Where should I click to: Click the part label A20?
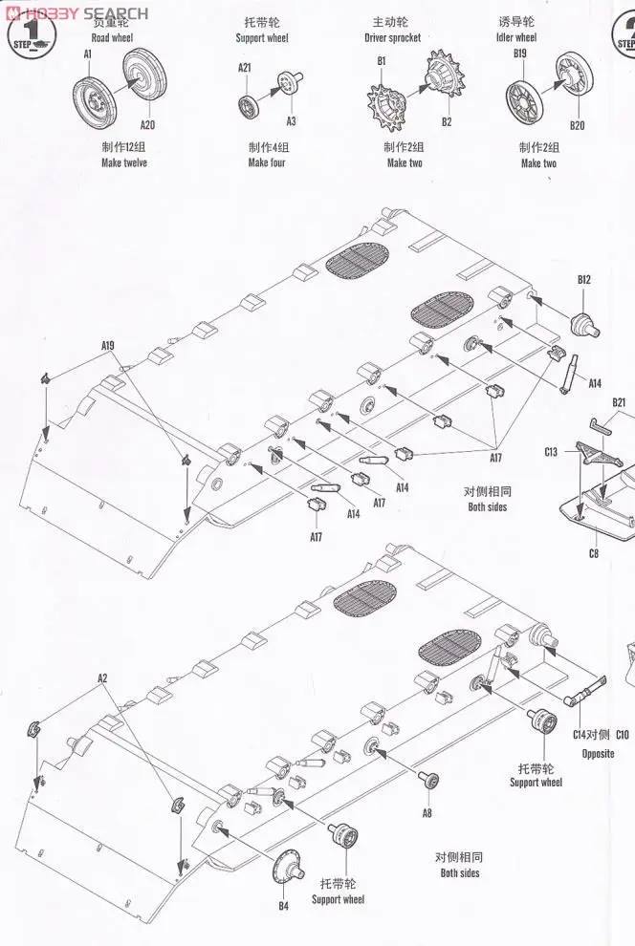[x=147, y=124]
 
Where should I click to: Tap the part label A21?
[x=244, y=67]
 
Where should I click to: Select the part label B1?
[x=381, y=61]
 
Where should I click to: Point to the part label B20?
[x=577, y=125]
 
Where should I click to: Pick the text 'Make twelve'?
[x=124, y=162]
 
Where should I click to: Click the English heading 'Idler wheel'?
[x=517, y=37]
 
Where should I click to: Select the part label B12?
[x=583, y=279]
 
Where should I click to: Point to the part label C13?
[x=551, y=451]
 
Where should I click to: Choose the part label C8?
[x=593, y=553]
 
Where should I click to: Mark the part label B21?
[x=618, y=402]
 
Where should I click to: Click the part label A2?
[x=102, y=677]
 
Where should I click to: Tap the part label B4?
[x=283, y=906]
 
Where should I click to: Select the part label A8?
[x=427, y=812]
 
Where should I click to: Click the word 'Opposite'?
[x=598, y=754]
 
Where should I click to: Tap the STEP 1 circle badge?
[x=33, y=34]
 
